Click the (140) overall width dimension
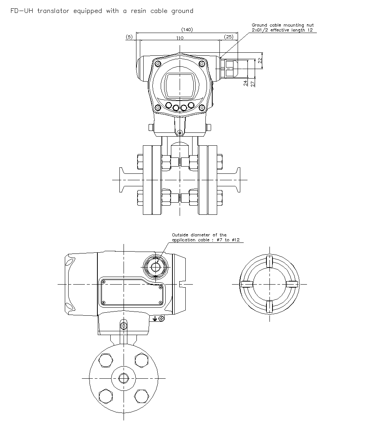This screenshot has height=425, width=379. pos(187,30)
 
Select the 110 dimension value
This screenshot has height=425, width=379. pos(180,38)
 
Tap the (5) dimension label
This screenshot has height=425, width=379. pos(129,37)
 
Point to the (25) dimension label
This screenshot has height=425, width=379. pos(229,37)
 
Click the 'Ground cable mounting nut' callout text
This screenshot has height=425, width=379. pos(283,25)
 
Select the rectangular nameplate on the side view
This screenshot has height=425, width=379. pos(132,292)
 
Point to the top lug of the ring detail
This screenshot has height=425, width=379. pos(269,261)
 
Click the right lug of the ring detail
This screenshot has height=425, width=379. pos(291,284)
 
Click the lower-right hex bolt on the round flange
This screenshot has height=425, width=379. pos(141,396)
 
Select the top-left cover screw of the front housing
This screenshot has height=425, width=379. pos(158,63)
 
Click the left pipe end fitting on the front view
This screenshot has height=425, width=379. pos(122,179)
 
